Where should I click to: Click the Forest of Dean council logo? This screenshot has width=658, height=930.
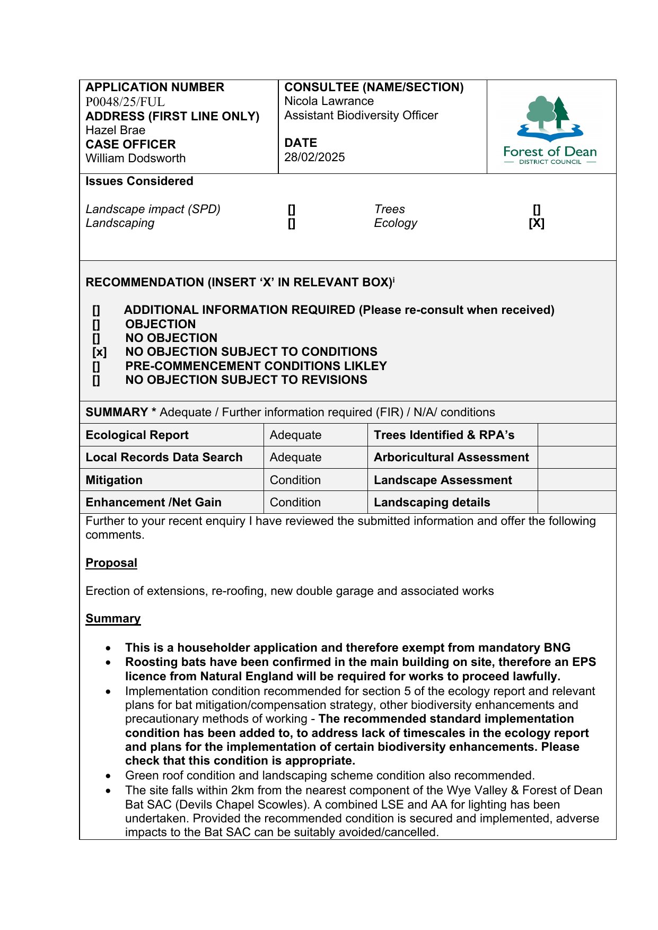[550, 129]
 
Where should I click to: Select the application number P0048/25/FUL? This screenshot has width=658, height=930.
[125, 102]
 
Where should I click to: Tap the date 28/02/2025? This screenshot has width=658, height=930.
[314, 157]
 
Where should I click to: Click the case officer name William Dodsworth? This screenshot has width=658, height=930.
[136, 158]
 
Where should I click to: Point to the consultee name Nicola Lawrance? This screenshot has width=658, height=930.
[329, 101]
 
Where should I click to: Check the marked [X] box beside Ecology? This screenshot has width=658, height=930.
[537, 223]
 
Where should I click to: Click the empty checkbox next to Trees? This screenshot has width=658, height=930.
[537, 209]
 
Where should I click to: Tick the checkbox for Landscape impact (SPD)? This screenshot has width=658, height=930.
[292, 209]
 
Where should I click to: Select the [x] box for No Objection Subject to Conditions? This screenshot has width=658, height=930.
[99, 352]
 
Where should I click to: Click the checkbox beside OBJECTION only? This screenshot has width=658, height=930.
[96, 324]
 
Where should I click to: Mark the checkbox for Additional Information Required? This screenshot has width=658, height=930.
[96, 310]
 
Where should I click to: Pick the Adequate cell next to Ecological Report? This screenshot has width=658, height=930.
[295, 435]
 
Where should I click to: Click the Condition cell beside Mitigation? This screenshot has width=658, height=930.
[295, 480]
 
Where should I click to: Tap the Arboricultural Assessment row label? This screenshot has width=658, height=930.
[451, 457]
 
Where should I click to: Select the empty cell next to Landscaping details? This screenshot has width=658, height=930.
[576, 502]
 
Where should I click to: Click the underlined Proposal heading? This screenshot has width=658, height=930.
[111, 563]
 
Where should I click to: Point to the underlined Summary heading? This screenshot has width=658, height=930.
[113, 618]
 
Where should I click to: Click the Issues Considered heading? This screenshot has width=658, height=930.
[139, 181]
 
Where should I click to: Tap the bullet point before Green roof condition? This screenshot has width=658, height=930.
[109, 776]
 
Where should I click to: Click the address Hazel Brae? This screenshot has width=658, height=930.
[116, 130]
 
